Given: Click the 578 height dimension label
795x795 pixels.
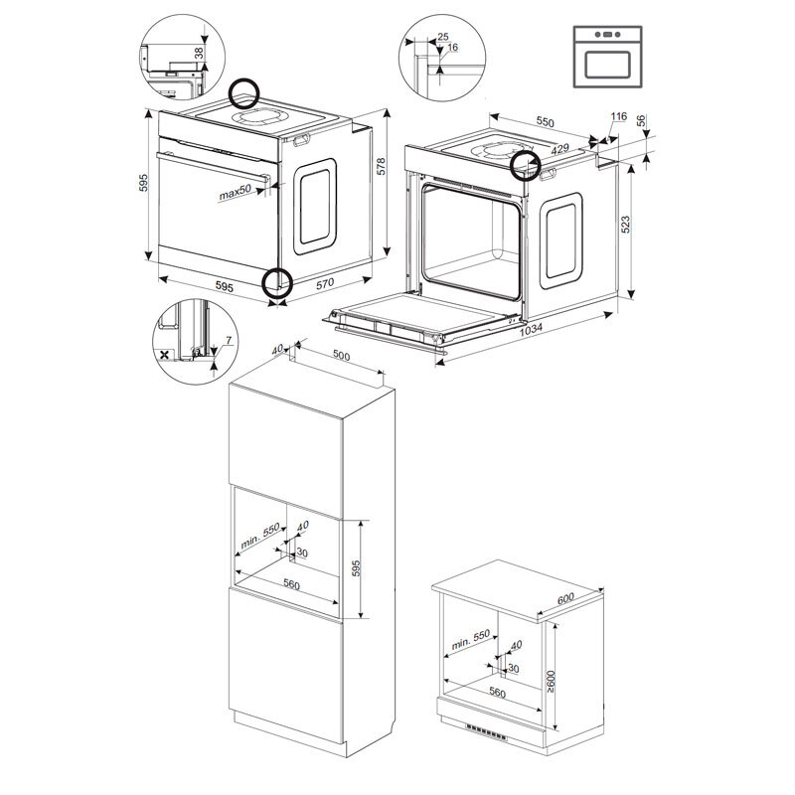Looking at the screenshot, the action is pos(382,166).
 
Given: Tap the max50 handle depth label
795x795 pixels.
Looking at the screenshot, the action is pos(236,192).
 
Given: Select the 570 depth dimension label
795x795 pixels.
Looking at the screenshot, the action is pos(325,283).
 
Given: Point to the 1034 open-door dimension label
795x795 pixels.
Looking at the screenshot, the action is pos(531,330).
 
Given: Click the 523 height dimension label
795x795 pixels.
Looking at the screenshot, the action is pos(626,225).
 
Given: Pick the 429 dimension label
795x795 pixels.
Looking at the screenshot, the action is pos(559,148).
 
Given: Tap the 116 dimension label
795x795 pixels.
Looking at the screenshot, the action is pos(618,116).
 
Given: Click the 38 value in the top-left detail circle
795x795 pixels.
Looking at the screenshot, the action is pos(199,53).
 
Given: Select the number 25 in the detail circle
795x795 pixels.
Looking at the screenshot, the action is pos(443,37).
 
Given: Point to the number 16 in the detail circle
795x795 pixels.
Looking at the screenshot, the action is pos(453,47).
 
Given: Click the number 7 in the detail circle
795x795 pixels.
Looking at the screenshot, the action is pos(229,341).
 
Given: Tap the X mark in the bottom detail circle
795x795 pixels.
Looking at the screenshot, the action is pos(165,355).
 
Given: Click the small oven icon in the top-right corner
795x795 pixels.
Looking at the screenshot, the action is pos(608,57).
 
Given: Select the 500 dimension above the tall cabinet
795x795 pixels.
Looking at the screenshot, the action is pos(341,356).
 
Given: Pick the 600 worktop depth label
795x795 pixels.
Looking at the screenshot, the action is pos(565,598).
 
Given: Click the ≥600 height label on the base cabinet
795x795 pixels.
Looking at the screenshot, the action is pos(552,681).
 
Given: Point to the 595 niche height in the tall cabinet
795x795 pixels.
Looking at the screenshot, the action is pos(357,568).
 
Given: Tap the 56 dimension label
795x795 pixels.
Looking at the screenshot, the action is pos(641,120).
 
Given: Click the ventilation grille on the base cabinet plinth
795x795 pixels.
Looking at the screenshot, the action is pos(486,731).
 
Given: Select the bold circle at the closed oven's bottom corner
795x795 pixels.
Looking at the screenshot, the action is pos(278,282).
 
